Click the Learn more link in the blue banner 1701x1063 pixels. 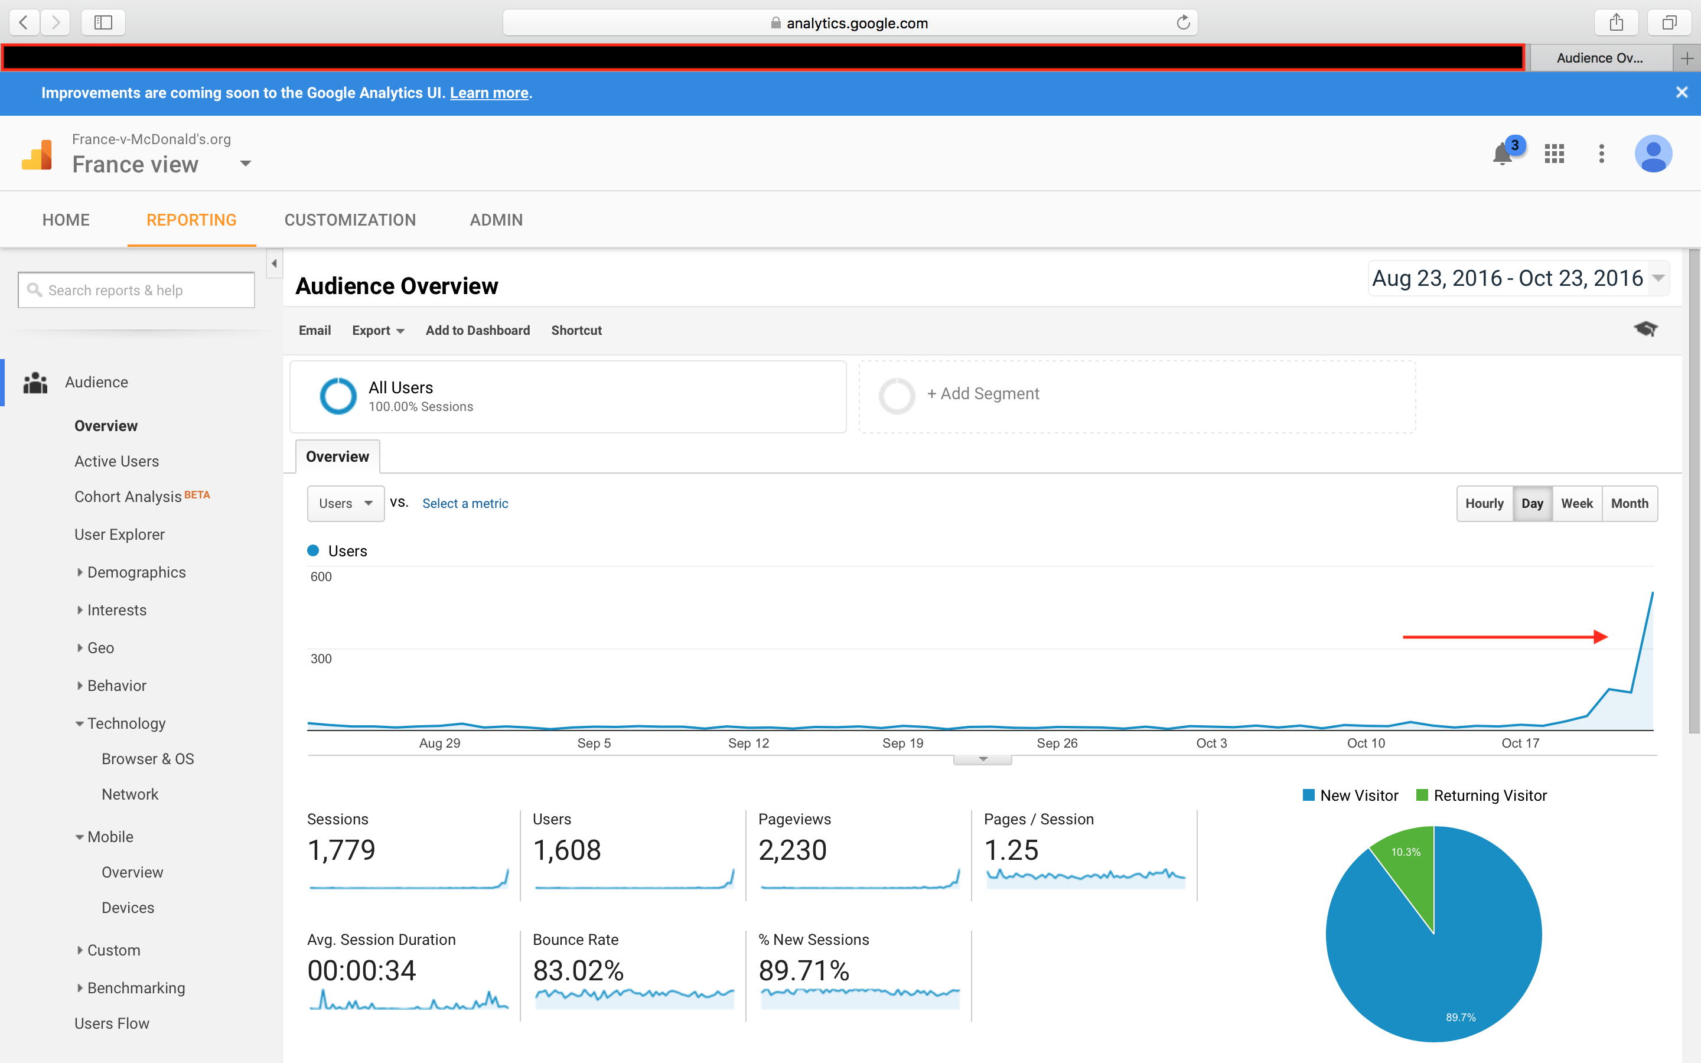coord(488,93)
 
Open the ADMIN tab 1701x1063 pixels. coord(496,220)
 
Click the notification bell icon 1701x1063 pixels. coord(1501,154)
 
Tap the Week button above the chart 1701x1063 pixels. coord(1576,503)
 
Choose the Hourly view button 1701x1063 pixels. coord(1484,503)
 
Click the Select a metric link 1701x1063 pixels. coord(465,503)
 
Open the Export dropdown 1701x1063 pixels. coord(377,331)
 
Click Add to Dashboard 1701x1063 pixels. coord(477,331)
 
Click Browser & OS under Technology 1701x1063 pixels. coord(148,759)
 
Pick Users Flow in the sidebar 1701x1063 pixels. coord(112,1023)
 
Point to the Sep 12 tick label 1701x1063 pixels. coord(748,743)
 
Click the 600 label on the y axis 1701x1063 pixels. coord(321,576)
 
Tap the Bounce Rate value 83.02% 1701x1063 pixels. coord(578,971)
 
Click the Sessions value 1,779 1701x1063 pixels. coord(341,850)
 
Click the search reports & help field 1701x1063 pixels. coord(137,291)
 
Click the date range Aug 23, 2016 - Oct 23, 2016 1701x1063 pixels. coord(1508,278)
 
